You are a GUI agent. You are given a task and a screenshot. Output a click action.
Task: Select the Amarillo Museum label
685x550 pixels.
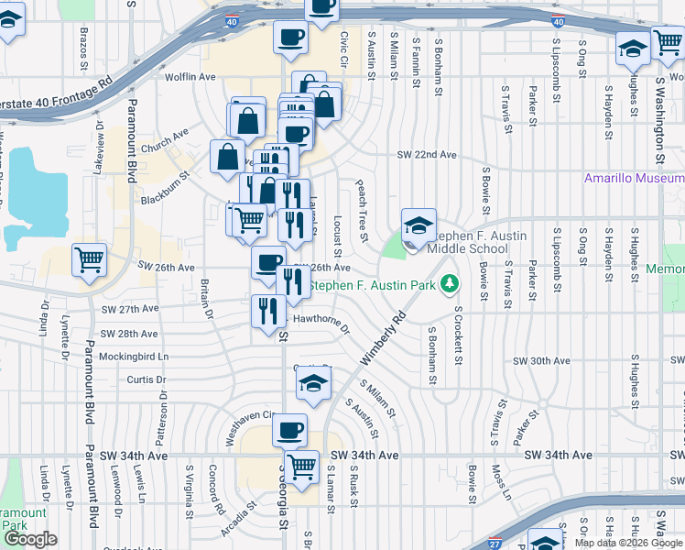click(x=634, y=178)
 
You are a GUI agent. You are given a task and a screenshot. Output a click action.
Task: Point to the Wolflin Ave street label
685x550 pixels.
click(x=190, y=78)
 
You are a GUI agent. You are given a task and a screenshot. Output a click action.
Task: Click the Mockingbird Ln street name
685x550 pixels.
click(x=136, y=356)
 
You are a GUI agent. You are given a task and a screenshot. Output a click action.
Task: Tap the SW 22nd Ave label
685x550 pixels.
click(x=424, y=155)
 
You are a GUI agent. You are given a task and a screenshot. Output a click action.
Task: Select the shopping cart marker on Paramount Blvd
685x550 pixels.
click(x=89, y=261)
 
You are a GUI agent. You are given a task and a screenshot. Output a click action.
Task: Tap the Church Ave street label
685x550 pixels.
click(x=165, y=138)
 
